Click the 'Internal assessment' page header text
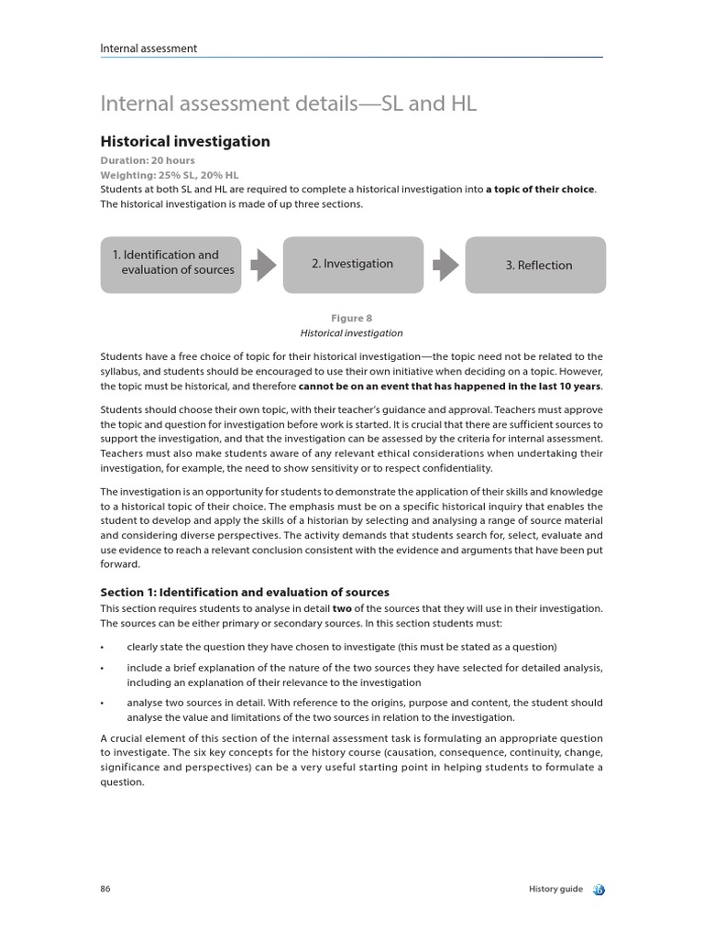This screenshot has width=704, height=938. [148, 49]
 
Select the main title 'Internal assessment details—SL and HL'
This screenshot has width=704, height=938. [288, 104]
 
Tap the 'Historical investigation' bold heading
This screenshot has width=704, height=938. [184, 142]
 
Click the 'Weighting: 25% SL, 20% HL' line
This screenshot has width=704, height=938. [169, 175]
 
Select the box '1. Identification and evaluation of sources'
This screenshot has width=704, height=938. [170, 264]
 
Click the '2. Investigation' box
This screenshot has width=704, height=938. [353, 264]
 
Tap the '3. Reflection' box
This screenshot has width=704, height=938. [536, 265]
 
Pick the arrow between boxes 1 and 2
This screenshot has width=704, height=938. [263, 265]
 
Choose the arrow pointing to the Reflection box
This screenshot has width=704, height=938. [445, 265]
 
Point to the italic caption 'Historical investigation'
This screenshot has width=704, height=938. [352, 333]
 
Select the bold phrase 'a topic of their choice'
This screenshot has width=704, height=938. [540, 190]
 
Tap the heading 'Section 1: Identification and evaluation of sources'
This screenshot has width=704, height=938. [245, 592]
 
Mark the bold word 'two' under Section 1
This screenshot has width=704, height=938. [343, 608]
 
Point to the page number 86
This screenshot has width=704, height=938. [105, 889]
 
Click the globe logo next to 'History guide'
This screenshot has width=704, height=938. [598, 889]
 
